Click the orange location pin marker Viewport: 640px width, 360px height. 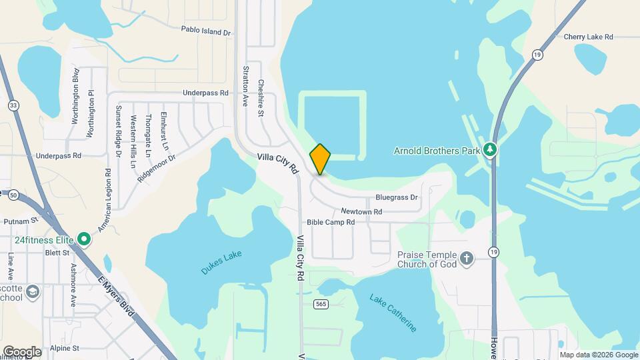point(320,159)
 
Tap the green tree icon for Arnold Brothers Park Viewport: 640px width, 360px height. point(491,150)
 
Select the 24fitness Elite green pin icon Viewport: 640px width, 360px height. point(84,238)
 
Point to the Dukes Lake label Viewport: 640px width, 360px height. point(221,262)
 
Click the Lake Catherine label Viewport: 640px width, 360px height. point(393,312)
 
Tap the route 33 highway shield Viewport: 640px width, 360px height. point(13,105)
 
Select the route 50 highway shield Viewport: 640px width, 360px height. point(13,195)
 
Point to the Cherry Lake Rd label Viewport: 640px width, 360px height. point(587,37)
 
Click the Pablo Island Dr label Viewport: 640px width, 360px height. point(205,31)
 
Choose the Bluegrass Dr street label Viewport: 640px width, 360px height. point(396,197)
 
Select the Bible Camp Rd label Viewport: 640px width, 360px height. point(330,222)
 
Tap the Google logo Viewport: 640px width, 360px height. point(21,351)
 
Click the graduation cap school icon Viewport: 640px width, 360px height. point(32,291)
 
